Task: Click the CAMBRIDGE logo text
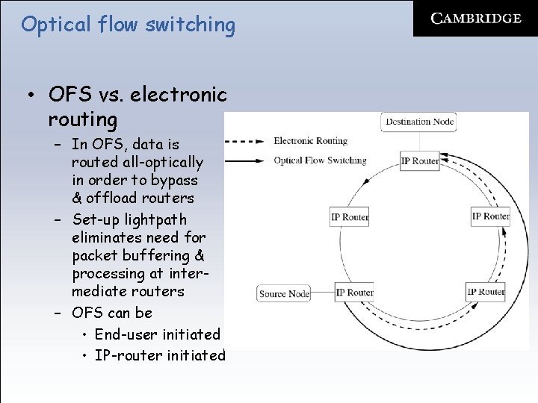(x=476, y=19)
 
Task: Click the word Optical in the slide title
(x=55, y=25)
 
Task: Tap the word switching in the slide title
(x=191, y=25)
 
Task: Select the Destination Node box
(x=418, y=122)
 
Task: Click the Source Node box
(x=284, y=294)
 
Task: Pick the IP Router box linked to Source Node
(x=354, y=293)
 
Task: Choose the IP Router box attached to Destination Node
(x=420, y=160)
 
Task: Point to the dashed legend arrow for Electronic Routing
(x=244, y=141)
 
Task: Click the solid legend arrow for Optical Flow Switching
(x=244, y=160)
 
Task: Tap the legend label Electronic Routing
(x=311, y=141)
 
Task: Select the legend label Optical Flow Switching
(x=320, y=160)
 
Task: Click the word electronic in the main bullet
(x=179, y=95)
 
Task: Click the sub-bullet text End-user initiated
(x=158, y=334)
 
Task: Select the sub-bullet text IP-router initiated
(x=160, y=355)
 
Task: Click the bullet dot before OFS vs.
(x=31, y=95)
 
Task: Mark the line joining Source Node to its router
(x=323, y=293)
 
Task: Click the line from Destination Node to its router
(x=419, y=142)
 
